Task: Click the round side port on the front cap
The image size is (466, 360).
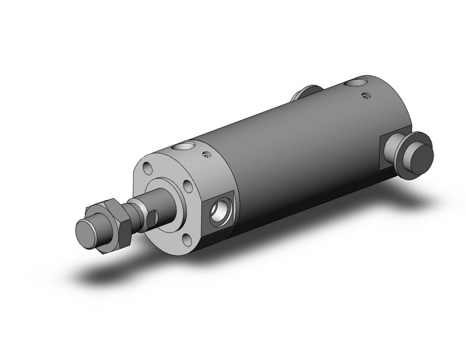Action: (x=219, y=213)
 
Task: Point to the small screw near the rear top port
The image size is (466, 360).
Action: (x=366, y=95)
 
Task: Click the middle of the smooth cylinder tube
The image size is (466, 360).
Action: (x=288, y=153)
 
